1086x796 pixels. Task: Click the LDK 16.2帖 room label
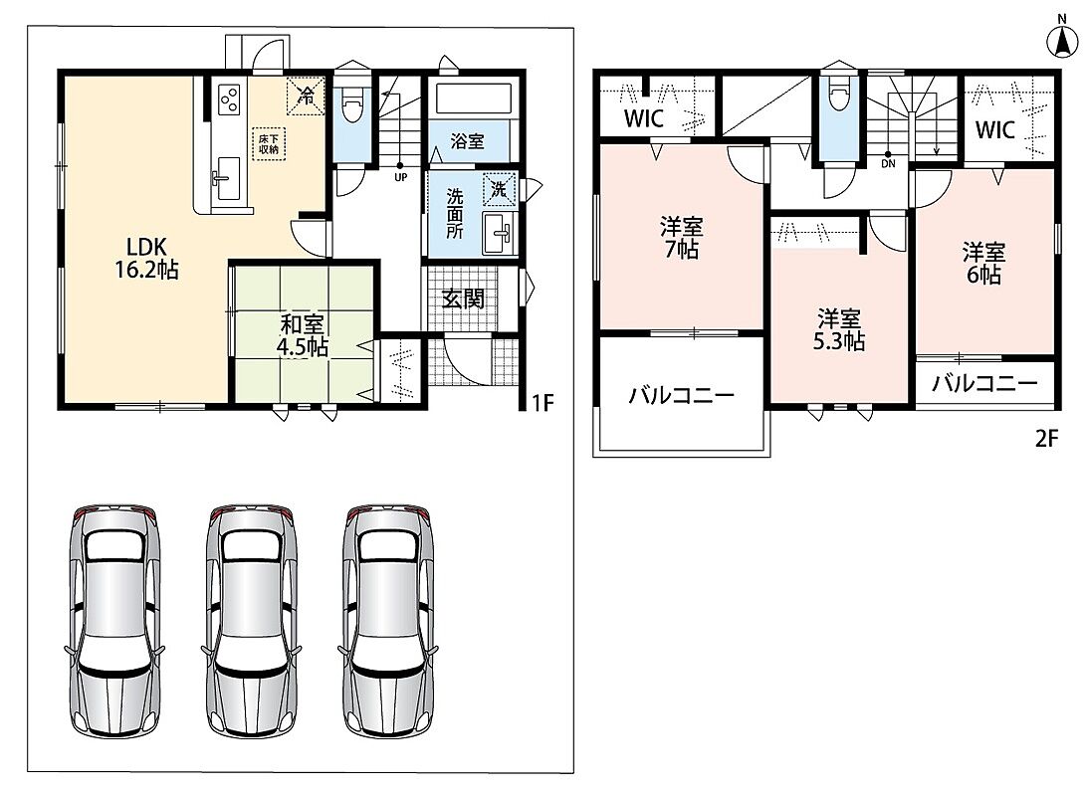click(x=147, y=258)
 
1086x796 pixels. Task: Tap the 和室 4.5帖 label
click(x=302, y=335)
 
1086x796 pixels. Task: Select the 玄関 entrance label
click(x=463, y=298)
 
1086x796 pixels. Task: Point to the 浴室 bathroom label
click(x=468, y=141)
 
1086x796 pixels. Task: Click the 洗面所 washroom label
click(x=454, y=213)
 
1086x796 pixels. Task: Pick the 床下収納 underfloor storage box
click(x=269, y=143)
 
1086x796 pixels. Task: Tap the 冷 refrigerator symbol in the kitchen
click(x=306, y=96)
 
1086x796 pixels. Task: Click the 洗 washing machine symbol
click(x=500, y=188)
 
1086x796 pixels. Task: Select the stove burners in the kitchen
click(x=229, y=99)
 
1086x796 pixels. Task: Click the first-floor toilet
click(x=351, y=103)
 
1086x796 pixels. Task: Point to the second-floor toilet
click(x=839, y=93)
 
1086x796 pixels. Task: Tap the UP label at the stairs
click(x=400, y=176)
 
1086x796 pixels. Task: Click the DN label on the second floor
click(x=888, y=164)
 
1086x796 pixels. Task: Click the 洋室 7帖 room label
click(x=682, y=238)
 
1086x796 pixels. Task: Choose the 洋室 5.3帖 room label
click(x=839, y=330)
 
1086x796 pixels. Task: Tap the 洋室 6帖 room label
click(x=983, y=263)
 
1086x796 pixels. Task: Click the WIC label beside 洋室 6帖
click(x=995, y=129)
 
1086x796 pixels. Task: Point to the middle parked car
click(x=252, y=621)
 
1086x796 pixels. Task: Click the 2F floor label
click(x=1046, y=439)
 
